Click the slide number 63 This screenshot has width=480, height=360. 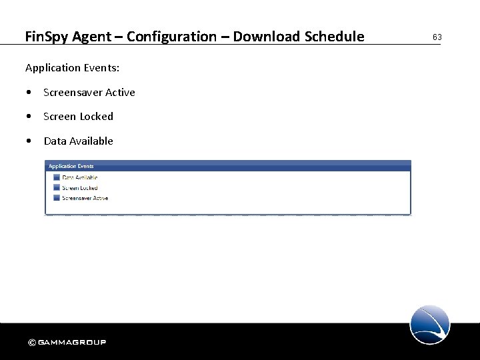[x=437, y=37]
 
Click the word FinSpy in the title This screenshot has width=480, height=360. [x=47, y=37]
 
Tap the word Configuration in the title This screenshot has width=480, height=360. [x=171, y=37]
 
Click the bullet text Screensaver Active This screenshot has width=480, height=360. [x=89, y=93]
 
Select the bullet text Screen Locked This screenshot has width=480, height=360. [x=78, y=117]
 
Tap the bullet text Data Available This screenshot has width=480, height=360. [x=78, y=141]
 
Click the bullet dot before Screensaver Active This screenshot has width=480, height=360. [x=29, y=93]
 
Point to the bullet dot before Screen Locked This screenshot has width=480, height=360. [x=29, y=117]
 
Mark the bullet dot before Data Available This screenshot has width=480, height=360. [x=29, y=141]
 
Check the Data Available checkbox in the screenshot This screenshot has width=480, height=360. [x=55, y=177]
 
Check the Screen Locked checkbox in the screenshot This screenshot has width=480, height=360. [x=55, y=188]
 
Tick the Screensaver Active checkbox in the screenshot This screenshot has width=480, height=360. [x=55, y=198]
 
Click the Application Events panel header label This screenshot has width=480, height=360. [x=71, y=166]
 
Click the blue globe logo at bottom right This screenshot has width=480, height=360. [x=430, y=325]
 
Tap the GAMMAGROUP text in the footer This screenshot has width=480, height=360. [x=72, y=343]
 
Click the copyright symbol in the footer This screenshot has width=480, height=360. [x=31, y=343]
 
